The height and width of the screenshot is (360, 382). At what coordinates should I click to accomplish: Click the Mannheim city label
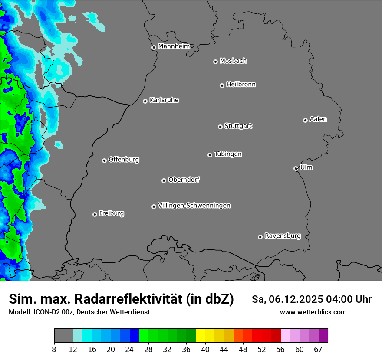(x=174, y=46)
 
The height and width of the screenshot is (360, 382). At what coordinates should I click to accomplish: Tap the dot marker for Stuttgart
(x=220, y=127)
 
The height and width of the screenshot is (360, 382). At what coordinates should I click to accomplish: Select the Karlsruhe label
(x=164, y=100)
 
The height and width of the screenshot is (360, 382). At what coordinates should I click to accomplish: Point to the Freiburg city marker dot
(x=95, y=214)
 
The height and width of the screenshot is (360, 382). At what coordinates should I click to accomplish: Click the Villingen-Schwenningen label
(x=194, y=206)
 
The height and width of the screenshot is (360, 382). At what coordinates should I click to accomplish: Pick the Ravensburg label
(x=283, y=236)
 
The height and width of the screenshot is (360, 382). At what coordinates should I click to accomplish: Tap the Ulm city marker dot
(x=296, y=168)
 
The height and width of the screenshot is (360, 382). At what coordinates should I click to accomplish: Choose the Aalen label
(x=318, y=119)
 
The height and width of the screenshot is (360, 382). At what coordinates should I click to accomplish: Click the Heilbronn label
(x=241, y=85)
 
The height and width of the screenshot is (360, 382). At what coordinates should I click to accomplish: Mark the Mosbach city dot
(x=215, y=62)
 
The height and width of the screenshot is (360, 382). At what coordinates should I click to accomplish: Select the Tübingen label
(x=228, y=154)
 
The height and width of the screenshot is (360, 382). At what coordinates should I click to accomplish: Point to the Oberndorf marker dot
(x=164, y=180)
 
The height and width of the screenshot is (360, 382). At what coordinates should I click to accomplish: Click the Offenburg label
(x=124, y=160)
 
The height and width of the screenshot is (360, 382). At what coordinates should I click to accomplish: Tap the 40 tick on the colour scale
(x=205, y=350)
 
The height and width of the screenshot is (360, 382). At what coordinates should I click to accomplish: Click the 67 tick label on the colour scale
(x=318, y=350)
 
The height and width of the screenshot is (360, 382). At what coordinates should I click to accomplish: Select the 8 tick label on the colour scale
(x=54, y=350)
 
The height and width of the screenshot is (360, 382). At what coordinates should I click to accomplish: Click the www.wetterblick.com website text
(x=313, y=312)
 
